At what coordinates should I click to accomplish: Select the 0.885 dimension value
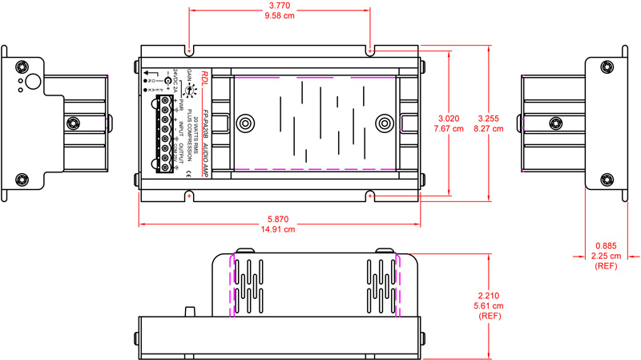pyautogui.click(x=606, y=245)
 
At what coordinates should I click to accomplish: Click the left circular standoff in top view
pyautogui.click(x=244, y=123)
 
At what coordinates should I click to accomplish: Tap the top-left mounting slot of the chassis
pyautogui.click(x=189, y=51)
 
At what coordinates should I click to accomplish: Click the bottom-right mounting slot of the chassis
pyautogui.click(x=370, y=194)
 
